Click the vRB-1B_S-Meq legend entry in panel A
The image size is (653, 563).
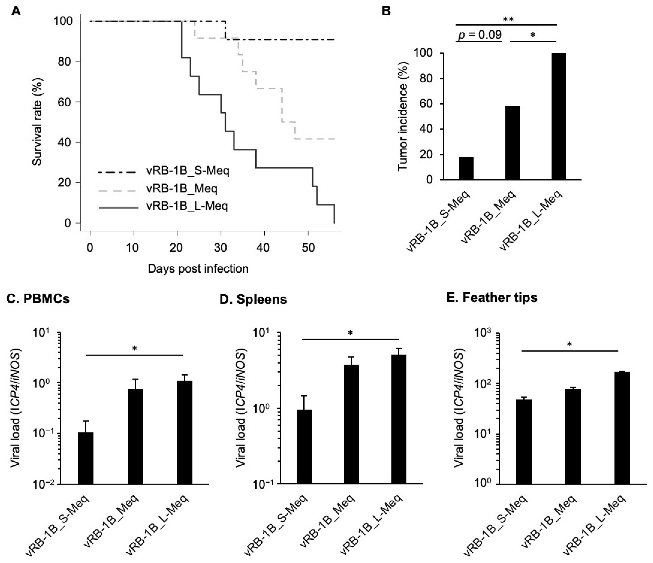[188, 171]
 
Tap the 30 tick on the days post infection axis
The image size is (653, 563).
[221, 248]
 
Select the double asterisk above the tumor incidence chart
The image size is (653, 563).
[508, 20]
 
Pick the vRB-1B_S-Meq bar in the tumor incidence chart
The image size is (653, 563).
[466, 168]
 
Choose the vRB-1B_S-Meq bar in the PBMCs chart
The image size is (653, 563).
[86, 458]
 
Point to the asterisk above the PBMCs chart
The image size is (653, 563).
[134, 348]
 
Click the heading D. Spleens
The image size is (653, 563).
[253, 299]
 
